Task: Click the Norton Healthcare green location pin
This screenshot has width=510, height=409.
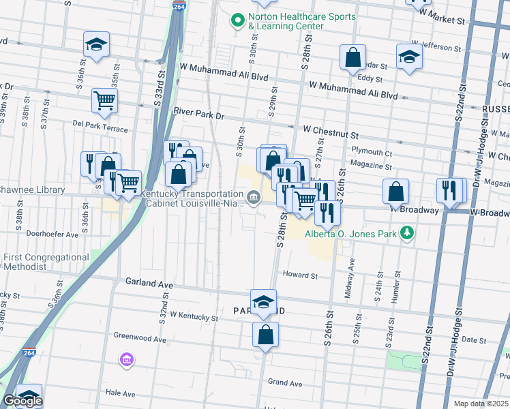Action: [238, 21]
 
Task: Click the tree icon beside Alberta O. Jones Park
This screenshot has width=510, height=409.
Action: [407, 234]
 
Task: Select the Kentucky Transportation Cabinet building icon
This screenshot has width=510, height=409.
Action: [254, 198]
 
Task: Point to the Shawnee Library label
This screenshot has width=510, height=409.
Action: [32, 190]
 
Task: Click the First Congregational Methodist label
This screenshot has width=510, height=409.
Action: [45, 262]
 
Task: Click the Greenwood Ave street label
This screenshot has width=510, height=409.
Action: [140, 338]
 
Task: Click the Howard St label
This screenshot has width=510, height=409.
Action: [301, 275]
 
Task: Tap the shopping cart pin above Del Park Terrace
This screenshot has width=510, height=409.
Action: [105, 101]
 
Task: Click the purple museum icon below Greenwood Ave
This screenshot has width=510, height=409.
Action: [125, 359]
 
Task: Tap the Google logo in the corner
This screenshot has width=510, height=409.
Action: [22, 402]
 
